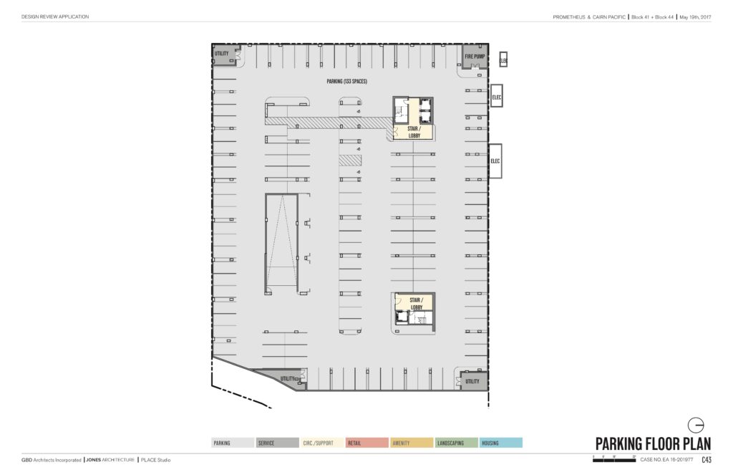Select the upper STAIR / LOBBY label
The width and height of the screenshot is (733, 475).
point(412,132)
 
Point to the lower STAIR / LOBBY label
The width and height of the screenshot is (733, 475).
point(416,303)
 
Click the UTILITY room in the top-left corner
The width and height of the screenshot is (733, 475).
point(222,54)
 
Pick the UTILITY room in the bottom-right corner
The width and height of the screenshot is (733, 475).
point(472,381)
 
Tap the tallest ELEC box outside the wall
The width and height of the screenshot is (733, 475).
point(495,161)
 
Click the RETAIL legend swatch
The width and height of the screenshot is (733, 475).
point(366,443)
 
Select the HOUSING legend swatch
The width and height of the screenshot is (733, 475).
point(501,443)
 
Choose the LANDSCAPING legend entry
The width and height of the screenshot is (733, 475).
point(456,443)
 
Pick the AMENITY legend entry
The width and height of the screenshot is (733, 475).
point(412,443)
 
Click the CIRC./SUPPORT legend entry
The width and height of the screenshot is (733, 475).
point(321,443)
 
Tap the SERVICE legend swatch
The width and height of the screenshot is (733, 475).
point(277,443)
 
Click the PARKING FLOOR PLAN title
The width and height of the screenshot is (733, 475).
point(653,443)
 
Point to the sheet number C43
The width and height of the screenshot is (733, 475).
point(706,460)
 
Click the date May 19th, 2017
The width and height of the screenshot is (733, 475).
point(694,16)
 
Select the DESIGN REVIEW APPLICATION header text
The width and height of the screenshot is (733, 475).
point(55,16)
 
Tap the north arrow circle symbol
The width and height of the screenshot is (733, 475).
point(694,423)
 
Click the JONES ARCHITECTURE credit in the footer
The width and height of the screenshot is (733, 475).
point(110,460)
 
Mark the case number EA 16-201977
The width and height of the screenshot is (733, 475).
point(666,460)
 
